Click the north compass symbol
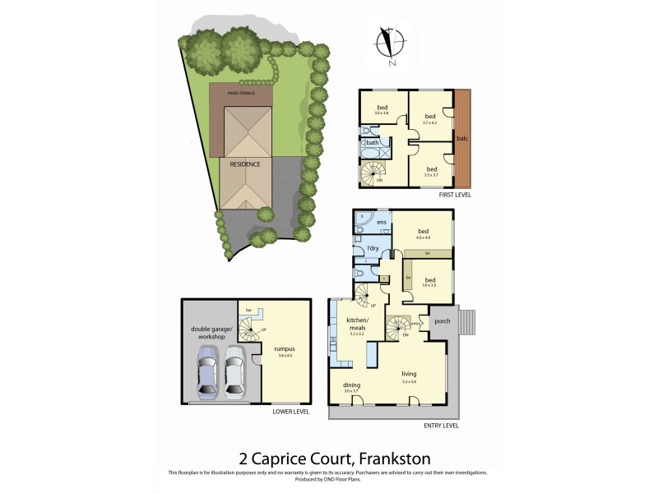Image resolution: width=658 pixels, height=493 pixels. (387, 45)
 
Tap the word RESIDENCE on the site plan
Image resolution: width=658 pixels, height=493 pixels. (244, 164)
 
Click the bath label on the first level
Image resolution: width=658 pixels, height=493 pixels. (373, 143)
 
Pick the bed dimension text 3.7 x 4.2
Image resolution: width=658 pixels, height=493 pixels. (429, 122)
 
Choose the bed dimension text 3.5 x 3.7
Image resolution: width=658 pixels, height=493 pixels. (430, 175)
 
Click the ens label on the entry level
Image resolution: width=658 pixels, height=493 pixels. (382, 223)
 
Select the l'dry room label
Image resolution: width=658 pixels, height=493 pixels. (372, 247)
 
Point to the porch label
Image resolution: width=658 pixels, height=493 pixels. (441, 321)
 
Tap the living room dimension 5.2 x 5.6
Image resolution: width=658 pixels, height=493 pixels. (410, 381)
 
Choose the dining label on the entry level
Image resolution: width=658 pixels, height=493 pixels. (352, 385)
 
